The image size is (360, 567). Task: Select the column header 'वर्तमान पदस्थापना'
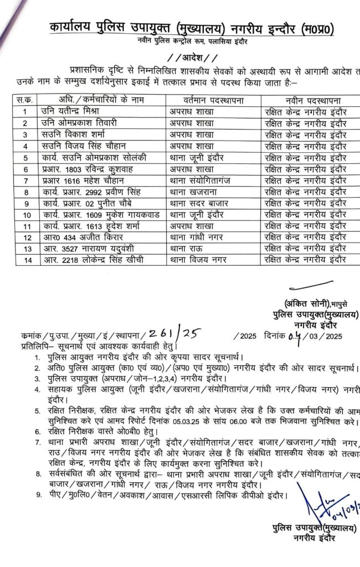click(214, 99)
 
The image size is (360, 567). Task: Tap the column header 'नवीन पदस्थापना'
click(310, 99)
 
